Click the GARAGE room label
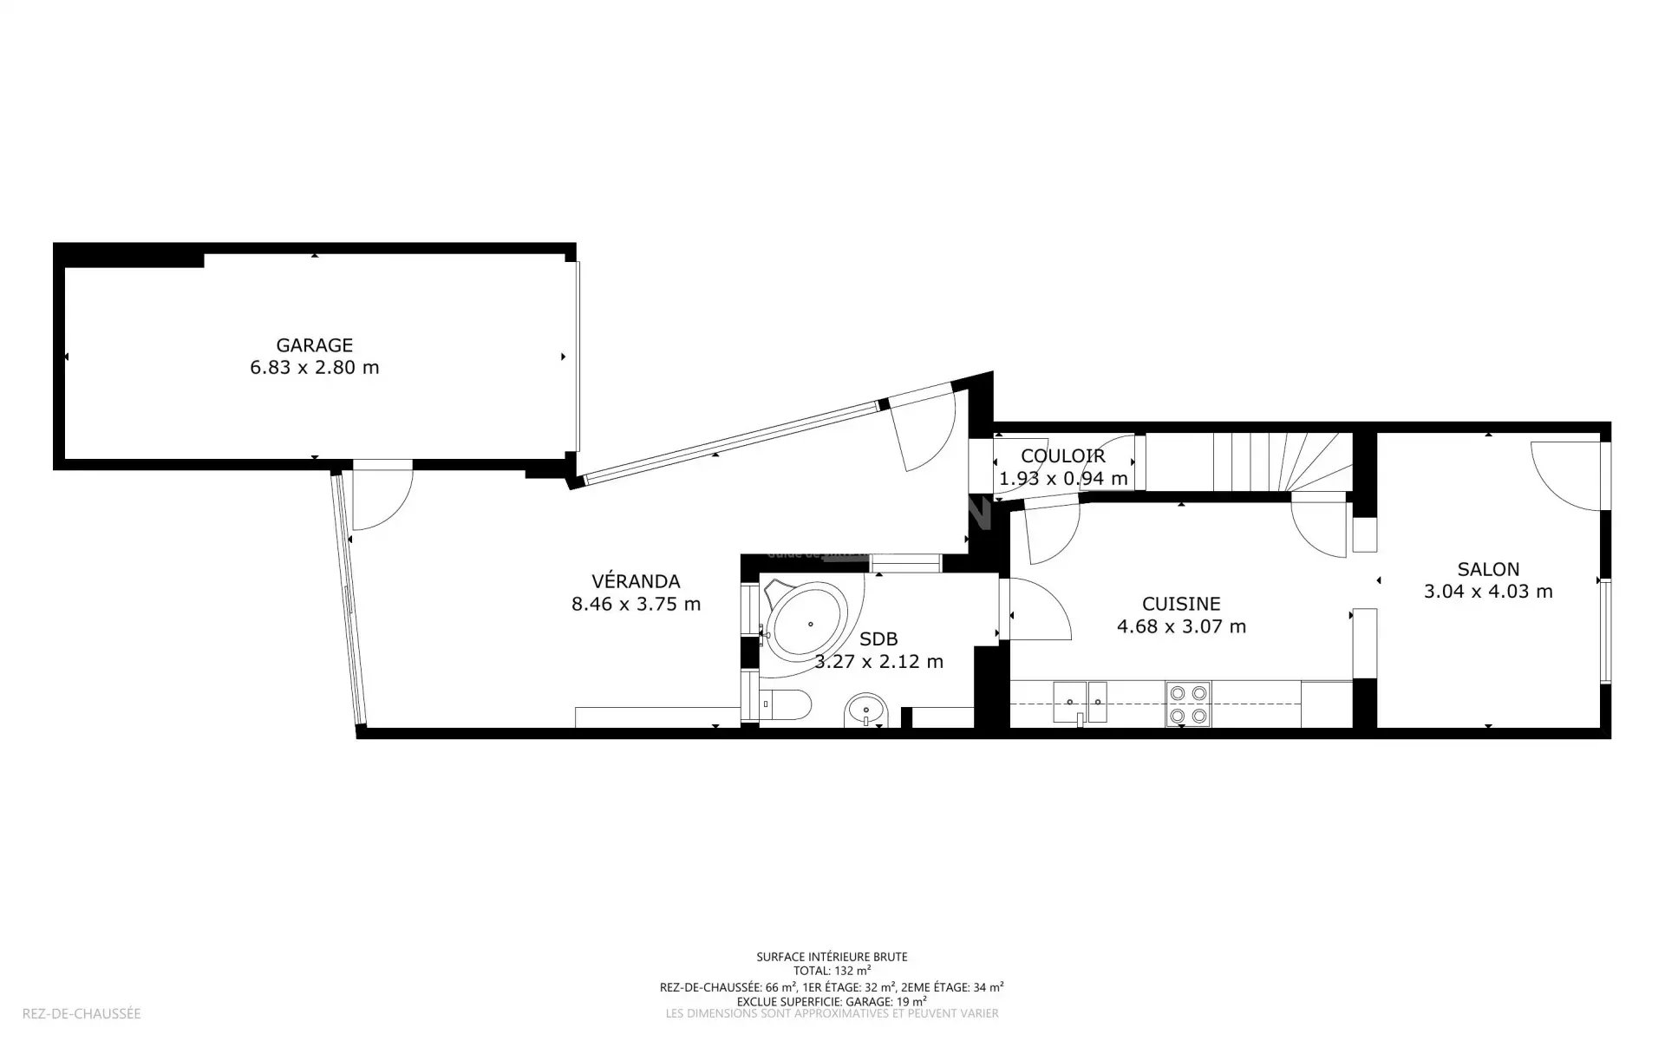[314, 345]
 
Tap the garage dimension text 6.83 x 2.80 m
[315, 367]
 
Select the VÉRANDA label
[636, 581]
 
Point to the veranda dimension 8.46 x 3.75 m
[636, 604]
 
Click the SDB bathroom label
[878, 639]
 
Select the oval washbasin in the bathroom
[865, 711]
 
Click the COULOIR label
[1063, 455]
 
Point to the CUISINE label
[1181, 604]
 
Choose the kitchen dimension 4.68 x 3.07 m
[1181, 626]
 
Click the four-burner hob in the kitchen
[1188, 704]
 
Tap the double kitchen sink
[1081, 703]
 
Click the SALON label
[1488, 569]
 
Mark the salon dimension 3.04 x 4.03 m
[1488, 592]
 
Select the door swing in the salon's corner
[1565, 475]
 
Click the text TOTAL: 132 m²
[832, 971]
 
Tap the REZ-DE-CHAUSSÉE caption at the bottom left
[82, 1013]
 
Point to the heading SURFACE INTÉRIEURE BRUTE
[832, 957]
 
